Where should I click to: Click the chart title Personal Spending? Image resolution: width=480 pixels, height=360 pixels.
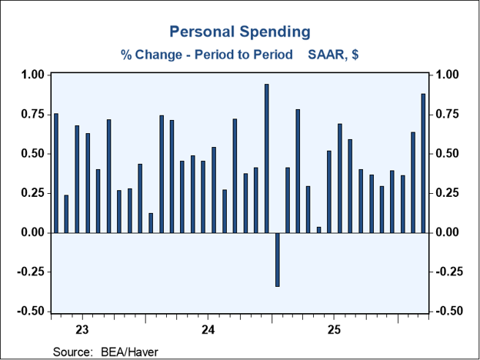(x=240, y=32)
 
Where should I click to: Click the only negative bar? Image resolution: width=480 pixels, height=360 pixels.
(x=278, y=259)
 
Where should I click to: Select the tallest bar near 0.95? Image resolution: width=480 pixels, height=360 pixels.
(x=267, y=158)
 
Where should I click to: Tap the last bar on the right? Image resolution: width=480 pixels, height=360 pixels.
(x=423, y=163)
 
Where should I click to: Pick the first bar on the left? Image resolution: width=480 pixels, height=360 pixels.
(x=56, y=173)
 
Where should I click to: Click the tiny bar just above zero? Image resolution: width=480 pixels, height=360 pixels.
(x=318, y=230)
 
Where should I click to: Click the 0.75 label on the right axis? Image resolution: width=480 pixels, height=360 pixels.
(x=446, y=115)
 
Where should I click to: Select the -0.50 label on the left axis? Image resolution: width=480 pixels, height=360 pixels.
(x=32, y=312)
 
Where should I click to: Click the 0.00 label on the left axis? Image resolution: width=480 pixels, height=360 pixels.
(x=33, y=232)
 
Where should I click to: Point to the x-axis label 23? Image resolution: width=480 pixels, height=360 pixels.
(x=82, y=331)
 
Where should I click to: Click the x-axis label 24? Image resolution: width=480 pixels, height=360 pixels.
(x=208, y=331)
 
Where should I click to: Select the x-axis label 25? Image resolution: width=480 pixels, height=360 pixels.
(x=334, y=331)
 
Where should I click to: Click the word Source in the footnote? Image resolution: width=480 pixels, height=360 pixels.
(x=72, y=352)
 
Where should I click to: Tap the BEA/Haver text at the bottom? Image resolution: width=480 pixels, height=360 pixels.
(x=129, y=352)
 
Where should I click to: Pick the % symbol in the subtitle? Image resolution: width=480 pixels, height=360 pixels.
(x=126, y=55)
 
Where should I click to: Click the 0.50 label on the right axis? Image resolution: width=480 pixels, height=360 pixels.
(x=446, y=154)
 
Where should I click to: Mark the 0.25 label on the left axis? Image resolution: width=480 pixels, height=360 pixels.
(x=33, y=193)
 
